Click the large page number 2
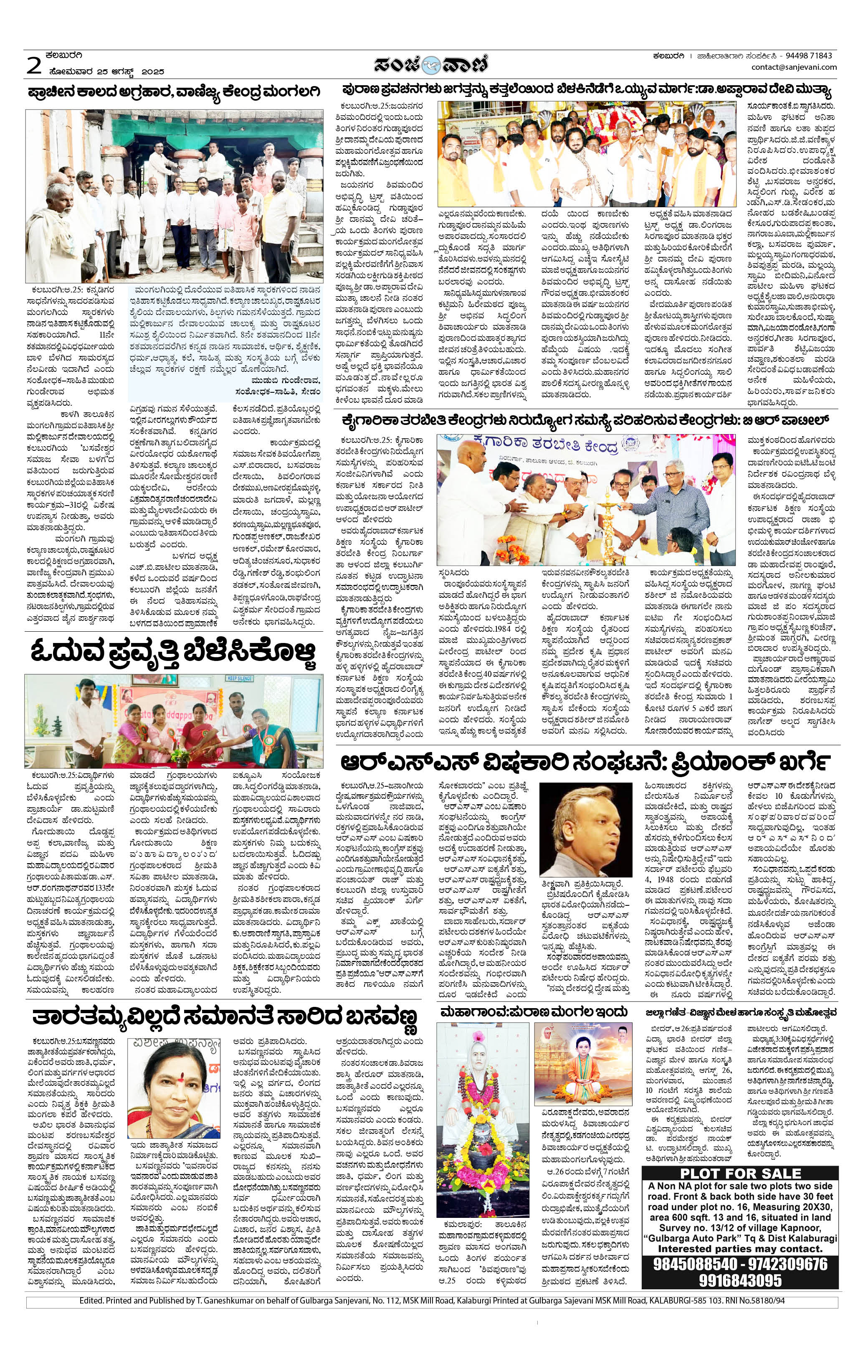pyautogui.click(x=34, y=66)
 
